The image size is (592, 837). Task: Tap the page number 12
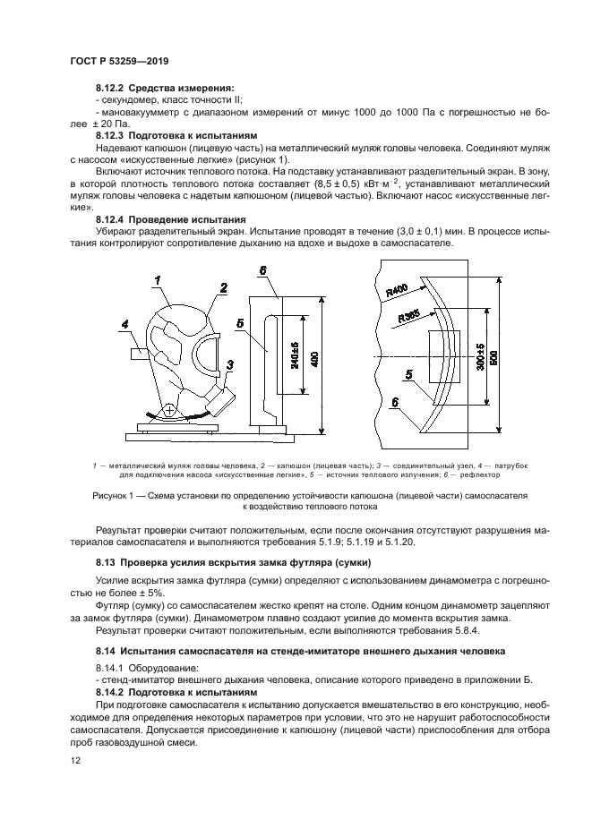(74, 760)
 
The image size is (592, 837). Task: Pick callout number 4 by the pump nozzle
(125, 323)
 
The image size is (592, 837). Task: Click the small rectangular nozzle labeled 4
(139, 354)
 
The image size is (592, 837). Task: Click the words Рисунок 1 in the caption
(114, 493)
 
